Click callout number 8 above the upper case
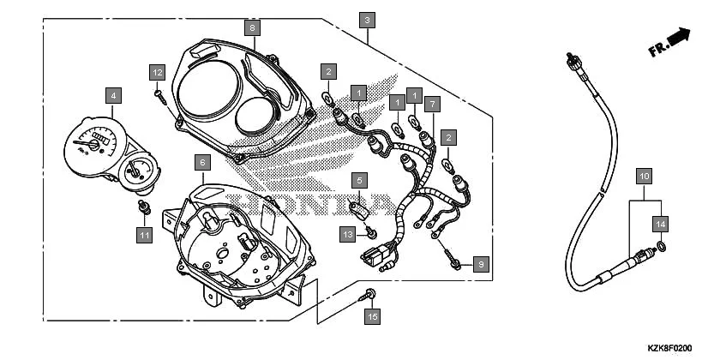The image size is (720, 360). pos(251,27)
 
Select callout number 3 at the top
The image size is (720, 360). pos(367,20)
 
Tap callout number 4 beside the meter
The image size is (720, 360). pos(112,94)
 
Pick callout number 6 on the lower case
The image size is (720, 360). pos(201,161)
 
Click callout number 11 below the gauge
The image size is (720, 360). pos(144,233)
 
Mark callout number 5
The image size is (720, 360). pos(360,180)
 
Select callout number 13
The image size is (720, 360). pos(347,233)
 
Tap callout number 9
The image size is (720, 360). pos(480,264)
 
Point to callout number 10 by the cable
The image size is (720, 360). pos(644,177)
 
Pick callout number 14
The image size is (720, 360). pos(659,224)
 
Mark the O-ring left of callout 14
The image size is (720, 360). pos(660,249)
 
